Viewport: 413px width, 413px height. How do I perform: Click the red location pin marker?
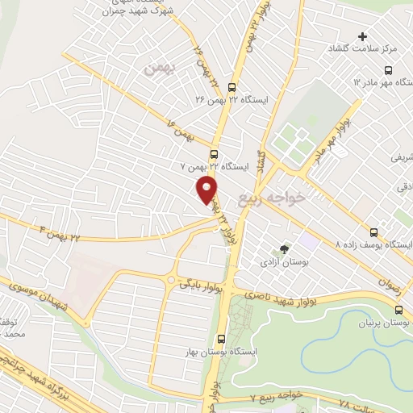208,189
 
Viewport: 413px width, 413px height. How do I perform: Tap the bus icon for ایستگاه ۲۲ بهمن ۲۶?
232,87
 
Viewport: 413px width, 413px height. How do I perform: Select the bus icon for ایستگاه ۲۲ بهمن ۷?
214,154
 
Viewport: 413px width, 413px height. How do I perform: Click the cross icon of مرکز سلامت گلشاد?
362,36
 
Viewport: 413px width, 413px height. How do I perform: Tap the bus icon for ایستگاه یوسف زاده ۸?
372,231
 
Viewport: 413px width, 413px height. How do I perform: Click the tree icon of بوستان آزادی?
283,249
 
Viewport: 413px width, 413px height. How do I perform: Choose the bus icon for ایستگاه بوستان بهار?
221,339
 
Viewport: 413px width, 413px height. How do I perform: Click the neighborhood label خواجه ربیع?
273,196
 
